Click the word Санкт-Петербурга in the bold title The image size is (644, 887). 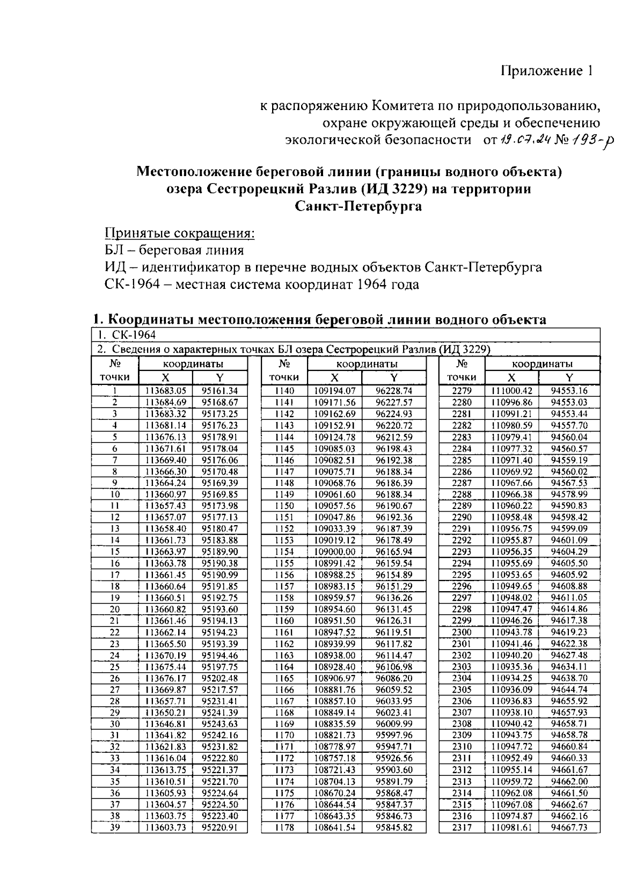point(358,206)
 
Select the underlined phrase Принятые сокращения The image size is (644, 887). point(179,234)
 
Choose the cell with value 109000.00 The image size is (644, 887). point(335,552)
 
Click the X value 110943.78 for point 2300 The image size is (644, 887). point(511,632)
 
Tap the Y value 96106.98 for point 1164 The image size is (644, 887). point(394,667)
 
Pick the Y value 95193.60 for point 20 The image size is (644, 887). point(219,609)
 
